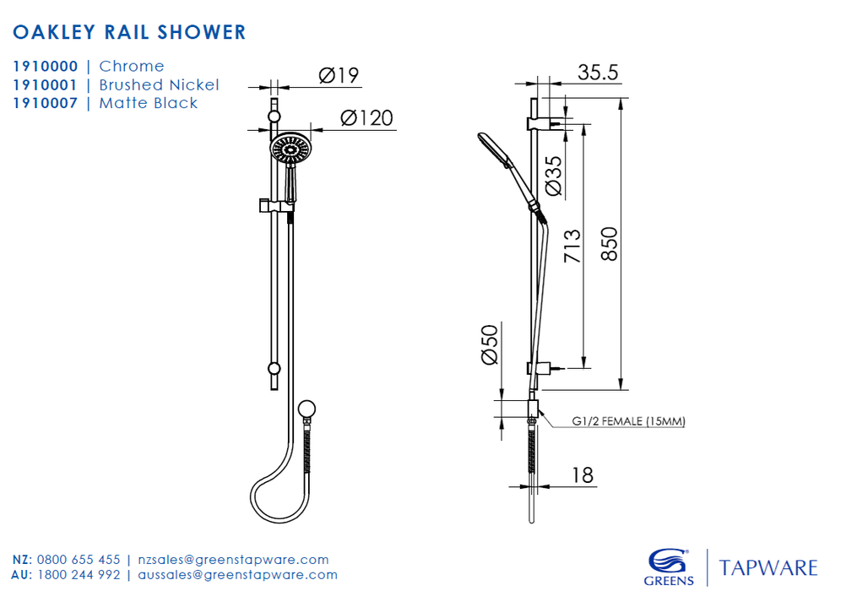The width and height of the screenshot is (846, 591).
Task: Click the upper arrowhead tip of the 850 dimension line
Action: click(621, 98)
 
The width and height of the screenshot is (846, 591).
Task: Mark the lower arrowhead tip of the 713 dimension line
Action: click(583, 368)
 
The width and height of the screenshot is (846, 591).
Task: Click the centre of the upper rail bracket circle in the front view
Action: click(274, 117)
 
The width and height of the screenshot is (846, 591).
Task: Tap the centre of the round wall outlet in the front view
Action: click(306, 409)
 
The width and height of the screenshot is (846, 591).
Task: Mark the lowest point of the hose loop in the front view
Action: click(279, 522)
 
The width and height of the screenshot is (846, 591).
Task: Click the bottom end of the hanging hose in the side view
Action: click(531, 522)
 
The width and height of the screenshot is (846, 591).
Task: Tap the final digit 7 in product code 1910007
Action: click(73, 103)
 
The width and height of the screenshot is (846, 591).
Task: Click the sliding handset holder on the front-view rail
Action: click(277, 206)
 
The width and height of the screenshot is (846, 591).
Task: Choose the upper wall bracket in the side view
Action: click(542, 123)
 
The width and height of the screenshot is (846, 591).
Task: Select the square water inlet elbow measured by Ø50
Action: click(533, 409)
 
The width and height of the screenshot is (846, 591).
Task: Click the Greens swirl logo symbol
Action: click(669, 561)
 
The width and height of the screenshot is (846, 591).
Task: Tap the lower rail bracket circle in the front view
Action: click(274, 369)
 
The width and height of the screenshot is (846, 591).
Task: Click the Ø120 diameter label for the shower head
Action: click(367, 117)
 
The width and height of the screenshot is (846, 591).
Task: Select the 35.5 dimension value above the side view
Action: click(598, 73)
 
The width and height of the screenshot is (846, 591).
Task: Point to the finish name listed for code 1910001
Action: click(160, 84)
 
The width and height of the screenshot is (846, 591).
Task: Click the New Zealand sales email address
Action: click(233, 560)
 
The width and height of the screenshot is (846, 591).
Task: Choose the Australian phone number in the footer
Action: click(79, 575)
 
